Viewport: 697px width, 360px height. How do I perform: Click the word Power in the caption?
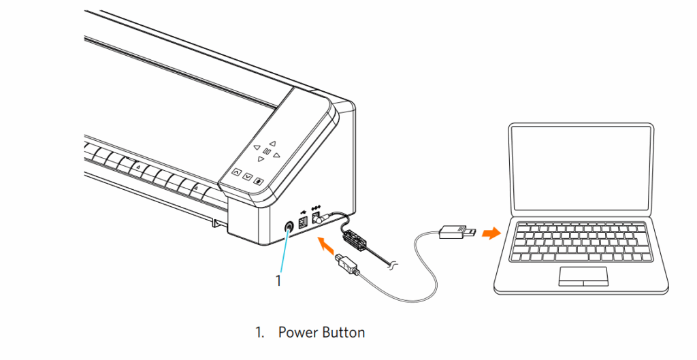click(x=297, y=333)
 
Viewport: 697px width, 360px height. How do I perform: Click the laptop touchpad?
click(x=583, y=276)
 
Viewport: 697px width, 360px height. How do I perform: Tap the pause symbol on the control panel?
click(x=267, y=152)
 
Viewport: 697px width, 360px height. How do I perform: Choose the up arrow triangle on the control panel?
click(x=272, y=144)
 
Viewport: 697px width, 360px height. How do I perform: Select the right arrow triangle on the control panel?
click(x=278, y=154)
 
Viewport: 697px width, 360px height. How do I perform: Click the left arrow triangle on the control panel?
click(x=256, y=148)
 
